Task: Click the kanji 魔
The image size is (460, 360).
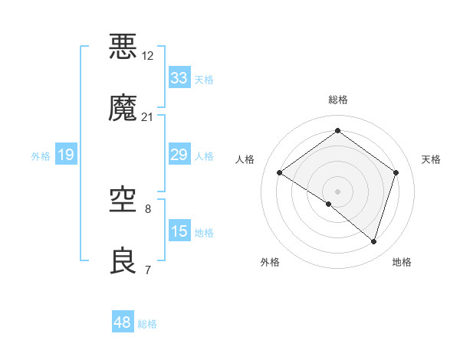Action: coord(123,108)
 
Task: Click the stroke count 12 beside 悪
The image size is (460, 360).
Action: coord(148,55)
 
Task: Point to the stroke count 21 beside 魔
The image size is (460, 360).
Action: coord(148,117)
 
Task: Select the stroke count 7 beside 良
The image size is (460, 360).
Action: coord(148,270)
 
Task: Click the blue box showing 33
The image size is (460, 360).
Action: coord(179,78)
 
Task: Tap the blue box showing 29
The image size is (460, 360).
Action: coord(179,155)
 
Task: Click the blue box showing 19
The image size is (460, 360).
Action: coord(66,155)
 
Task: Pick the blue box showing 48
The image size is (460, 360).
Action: coord(123,323)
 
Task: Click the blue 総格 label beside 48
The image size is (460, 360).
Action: coord(147,324)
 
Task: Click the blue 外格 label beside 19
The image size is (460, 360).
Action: coord(41,156)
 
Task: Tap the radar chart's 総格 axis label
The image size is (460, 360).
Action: coord(338,100)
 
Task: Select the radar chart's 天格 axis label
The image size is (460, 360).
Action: coord(432,159)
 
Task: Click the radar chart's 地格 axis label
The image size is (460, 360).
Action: coord(402,262)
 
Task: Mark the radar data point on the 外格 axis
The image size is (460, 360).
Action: coord(329,205)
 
